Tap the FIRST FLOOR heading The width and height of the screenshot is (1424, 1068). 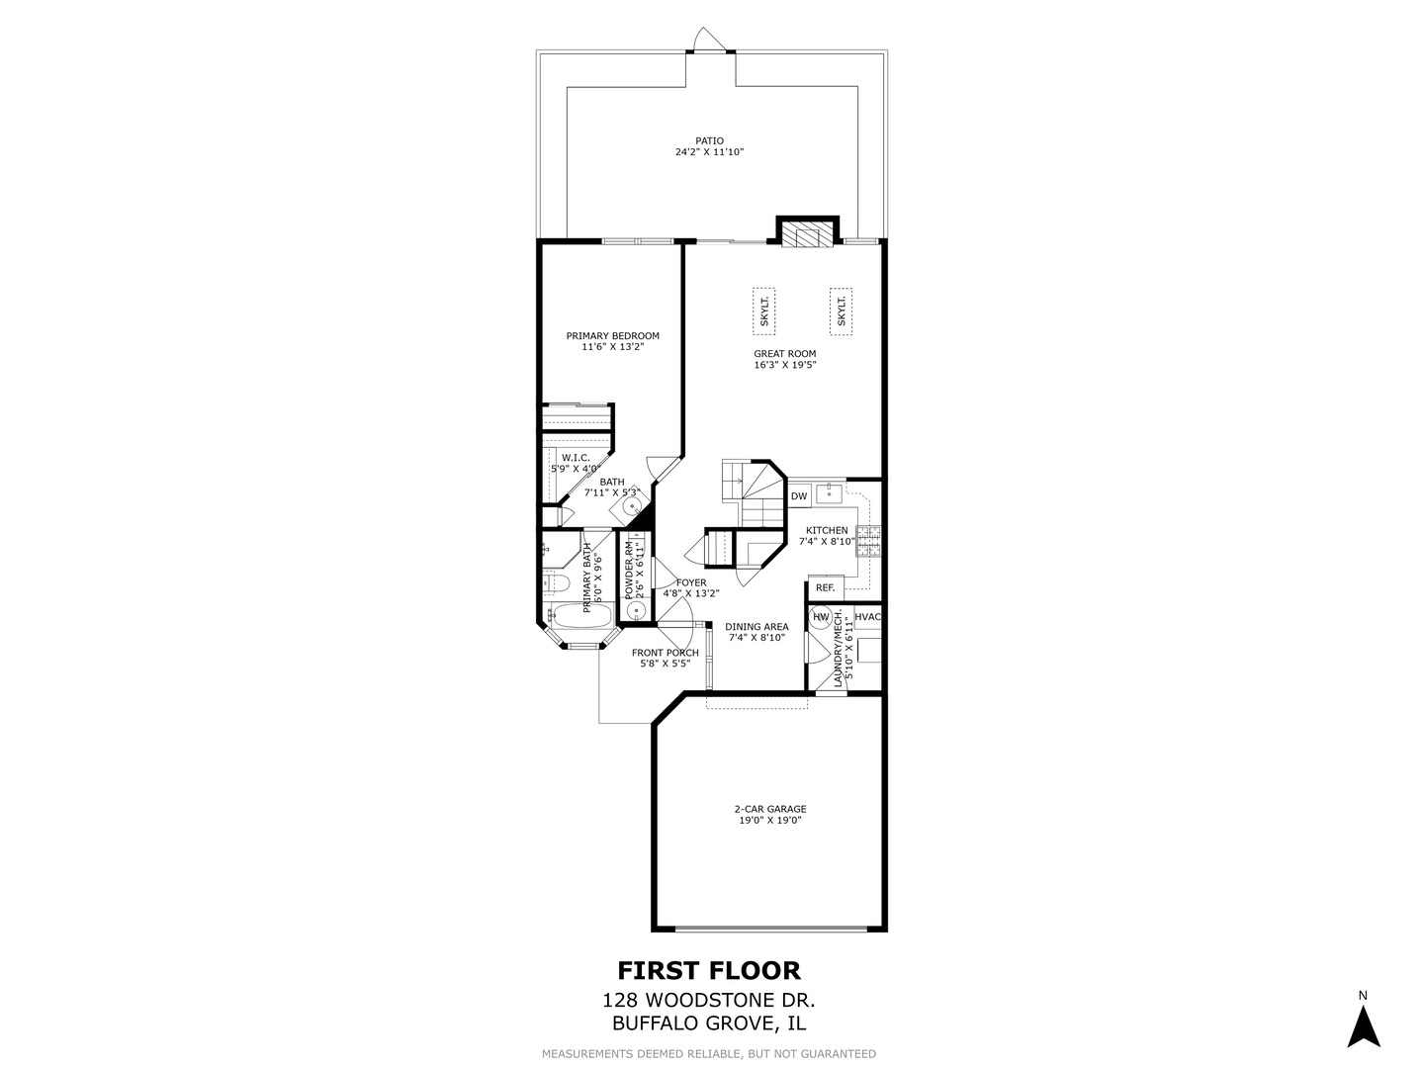[x=709, y=970]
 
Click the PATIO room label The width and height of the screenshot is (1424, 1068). [x=709, y=140]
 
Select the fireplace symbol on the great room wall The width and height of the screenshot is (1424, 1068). [x=808, y=233]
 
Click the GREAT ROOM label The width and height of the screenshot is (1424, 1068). [x=784, y=353]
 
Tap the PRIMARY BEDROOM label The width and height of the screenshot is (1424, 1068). [x=612, y=335]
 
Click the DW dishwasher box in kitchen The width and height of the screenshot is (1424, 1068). [x=799, y=495]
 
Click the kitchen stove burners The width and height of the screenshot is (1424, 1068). [x=868, y=541]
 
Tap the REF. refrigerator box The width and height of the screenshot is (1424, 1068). [x=825, y=587]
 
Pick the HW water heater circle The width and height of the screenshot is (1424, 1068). [x=821, y=617]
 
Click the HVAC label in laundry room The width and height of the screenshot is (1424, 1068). [x=867, y=617]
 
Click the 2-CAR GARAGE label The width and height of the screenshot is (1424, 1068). [x=769, y=809]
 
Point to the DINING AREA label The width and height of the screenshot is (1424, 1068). [x=756, y=626]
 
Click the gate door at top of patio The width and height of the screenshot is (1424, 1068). [x=710, y=40]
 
